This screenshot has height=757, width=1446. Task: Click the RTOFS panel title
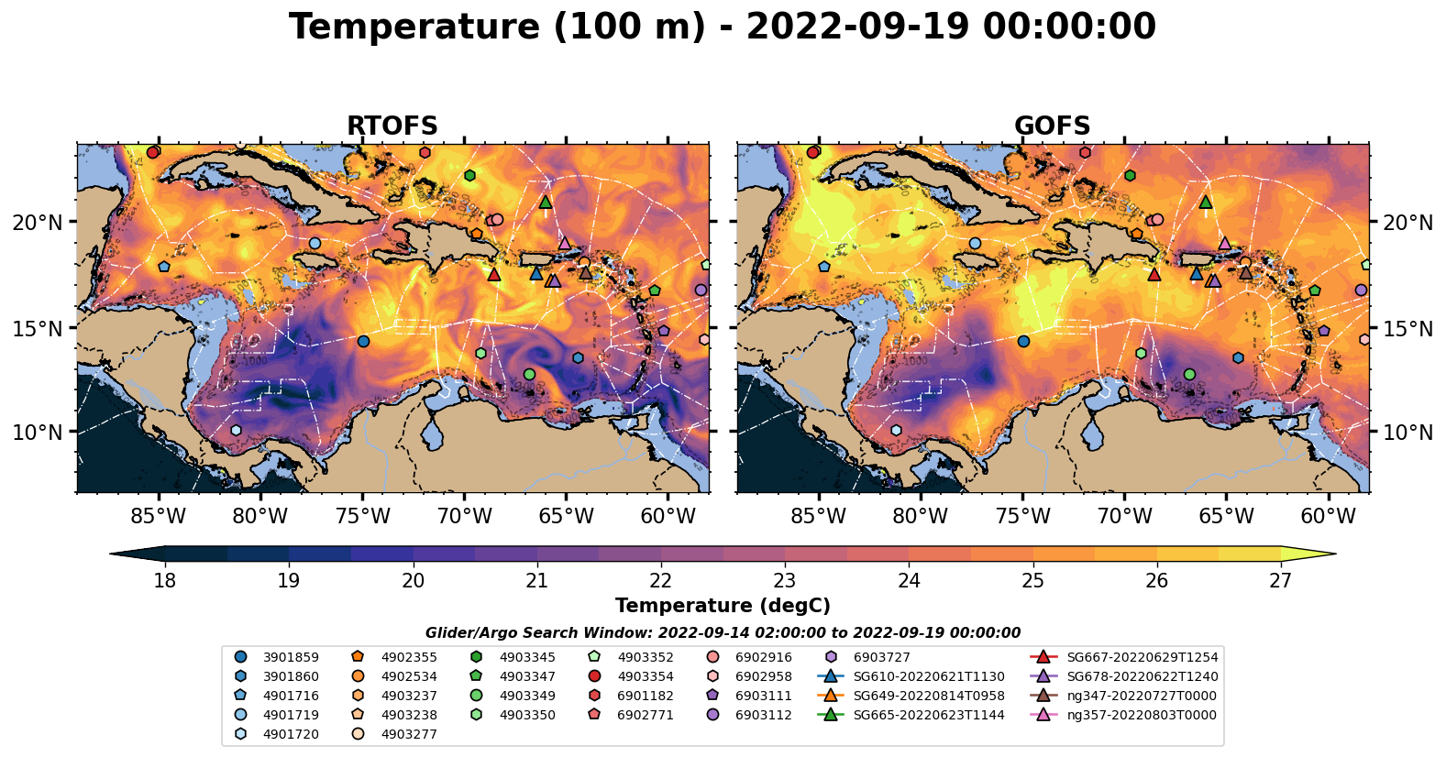click(x=392, y=126)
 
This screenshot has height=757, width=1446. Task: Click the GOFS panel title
click(x=1052, y=126)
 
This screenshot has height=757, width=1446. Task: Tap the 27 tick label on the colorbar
click(x=1280, y=581)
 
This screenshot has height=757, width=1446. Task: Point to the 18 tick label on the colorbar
click(x=165, y=581)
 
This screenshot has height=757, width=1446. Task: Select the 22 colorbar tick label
click(x=661, y=581)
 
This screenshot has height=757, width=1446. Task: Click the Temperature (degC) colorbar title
click(x=723, y=606)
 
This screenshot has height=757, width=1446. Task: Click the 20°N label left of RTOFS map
click(x=38, y=223)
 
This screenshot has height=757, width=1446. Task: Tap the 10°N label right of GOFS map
click(x=1407, y=433)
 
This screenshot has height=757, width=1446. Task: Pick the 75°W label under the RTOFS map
click(x=362, y=517)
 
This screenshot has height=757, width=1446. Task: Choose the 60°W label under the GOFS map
click(x=1328, y=517)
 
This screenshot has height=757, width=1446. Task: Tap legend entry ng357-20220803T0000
click(x=1142, y=715)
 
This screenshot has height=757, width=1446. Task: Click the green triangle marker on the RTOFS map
click(x=546, y=202)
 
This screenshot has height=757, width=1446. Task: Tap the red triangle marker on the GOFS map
click(x=1154, y=274)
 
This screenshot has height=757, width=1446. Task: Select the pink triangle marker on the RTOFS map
click(x=564, y=243)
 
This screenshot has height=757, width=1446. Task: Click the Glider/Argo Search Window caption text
click(x=723, y=633)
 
